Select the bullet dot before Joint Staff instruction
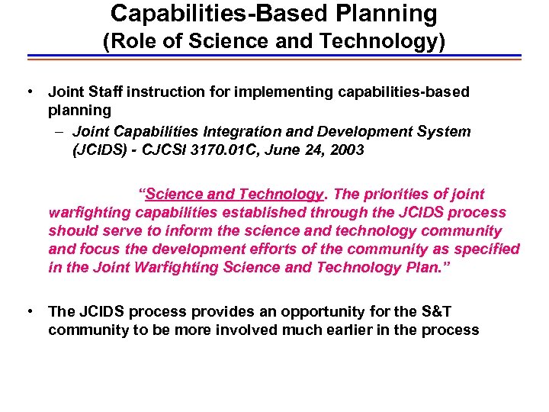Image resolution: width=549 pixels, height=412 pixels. pos(28,92)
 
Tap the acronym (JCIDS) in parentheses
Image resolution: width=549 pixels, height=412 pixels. pos(95,150)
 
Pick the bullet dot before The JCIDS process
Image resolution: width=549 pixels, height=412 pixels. pos(28,311)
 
